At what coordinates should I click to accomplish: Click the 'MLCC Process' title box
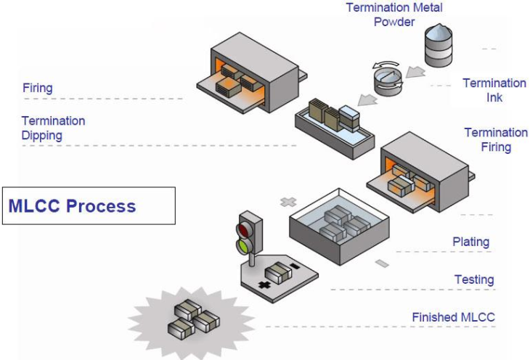(x=89, y=205)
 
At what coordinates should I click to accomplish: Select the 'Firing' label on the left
(x=37, y=88)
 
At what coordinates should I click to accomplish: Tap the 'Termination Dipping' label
(x=53, y=128)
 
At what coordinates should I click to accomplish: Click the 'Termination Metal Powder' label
(x=394, y=15)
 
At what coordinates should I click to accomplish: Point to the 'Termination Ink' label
(x=494, y=90)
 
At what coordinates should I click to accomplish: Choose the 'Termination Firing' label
(x=496, y=139)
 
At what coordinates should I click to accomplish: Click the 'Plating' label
(x=470, y=242)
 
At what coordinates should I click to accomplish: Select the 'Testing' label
(x=474, y=279)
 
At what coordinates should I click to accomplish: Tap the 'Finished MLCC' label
(x=454, y=317)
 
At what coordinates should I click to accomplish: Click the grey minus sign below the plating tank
(x=383, y=263)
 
